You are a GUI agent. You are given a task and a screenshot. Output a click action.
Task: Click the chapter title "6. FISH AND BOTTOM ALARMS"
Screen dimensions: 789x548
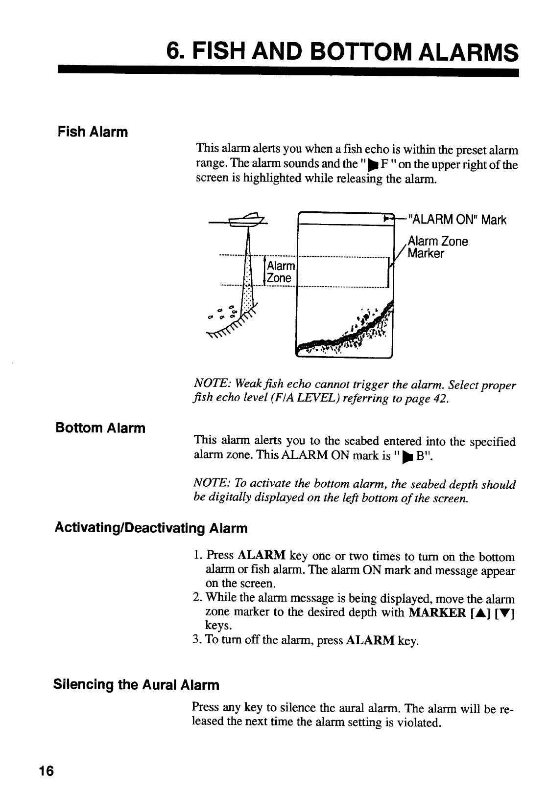point(341,51)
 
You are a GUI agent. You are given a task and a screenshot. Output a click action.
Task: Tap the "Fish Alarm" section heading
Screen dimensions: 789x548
point(93,132)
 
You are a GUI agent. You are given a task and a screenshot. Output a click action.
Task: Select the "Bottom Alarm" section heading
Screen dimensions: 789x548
point(100,428)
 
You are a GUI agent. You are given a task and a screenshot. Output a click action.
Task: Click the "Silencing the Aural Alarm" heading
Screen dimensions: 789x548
point(136,684)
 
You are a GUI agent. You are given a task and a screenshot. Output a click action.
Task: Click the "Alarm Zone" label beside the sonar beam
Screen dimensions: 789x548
point(281,272)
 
